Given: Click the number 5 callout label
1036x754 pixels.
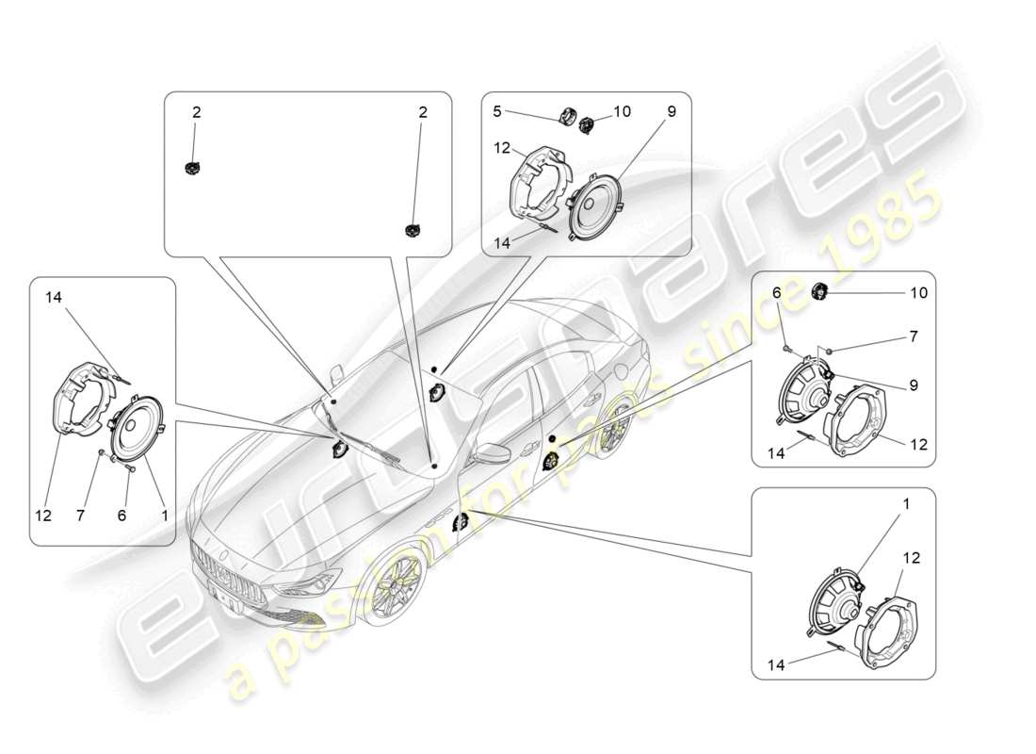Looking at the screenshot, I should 496,111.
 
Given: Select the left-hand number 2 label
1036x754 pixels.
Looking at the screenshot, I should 196,111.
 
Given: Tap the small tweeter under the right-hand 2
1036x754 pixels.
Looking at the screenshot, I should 413,229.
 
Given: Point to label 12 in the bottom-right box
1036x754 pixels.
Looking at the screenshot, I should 911,558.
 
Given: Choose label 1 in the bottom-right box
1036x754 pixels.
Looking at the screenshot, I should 905,504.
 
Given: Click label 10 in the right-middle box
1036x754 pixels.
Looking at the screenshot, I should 918,293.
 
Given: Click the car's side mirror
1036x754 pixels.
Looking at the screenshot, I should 494,455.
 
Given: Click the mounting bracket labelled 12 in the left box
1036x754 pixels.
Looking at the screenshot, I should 80,402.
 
